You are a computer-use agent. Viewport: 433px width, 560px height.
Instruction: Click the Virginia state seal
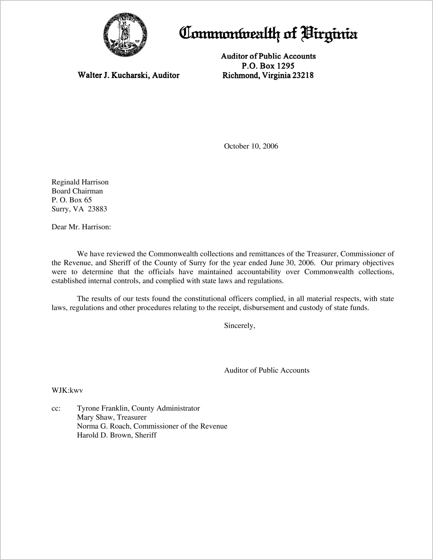(x=125, y=35)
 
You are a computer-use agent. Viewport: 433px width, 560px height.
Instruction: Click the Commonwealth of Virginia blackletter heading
(x=268, y=34)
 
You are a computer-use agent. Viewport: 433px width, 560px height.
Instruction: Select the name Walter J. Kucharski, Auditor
(x=128, y=75)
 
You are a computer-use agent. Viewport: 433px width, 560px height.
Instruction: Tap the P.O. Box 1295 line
(x=268, y=66)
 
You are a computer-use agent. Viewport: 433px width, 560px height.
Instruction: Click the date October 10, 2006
(x=251, y=146)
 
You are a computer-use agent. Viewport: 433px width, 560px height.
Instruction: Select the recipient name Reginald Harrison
(x=80, y=182)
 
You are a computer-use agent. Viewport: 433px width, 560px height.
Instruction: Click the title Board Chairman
(x=77, y=191)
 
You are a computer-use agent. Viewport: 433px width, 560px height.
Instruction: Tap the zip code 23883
(x=97, y=209)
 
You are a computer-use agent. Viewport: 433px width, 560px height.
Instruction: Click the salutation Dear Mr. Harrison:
(x=81, y=227)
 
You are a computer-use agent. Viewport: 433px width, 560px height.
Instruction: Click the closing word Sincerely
(x=239, y=326)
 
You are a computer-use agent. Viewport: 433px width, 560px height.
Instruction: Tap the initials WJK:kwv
(x=67, y=390)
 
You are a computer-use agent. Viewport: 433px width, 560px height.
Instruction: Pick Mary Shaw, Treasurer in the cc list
(x=112, y=418)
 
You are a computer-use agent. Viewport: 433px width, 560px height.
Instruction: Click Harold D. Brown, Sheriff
(x=117, y=435)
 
